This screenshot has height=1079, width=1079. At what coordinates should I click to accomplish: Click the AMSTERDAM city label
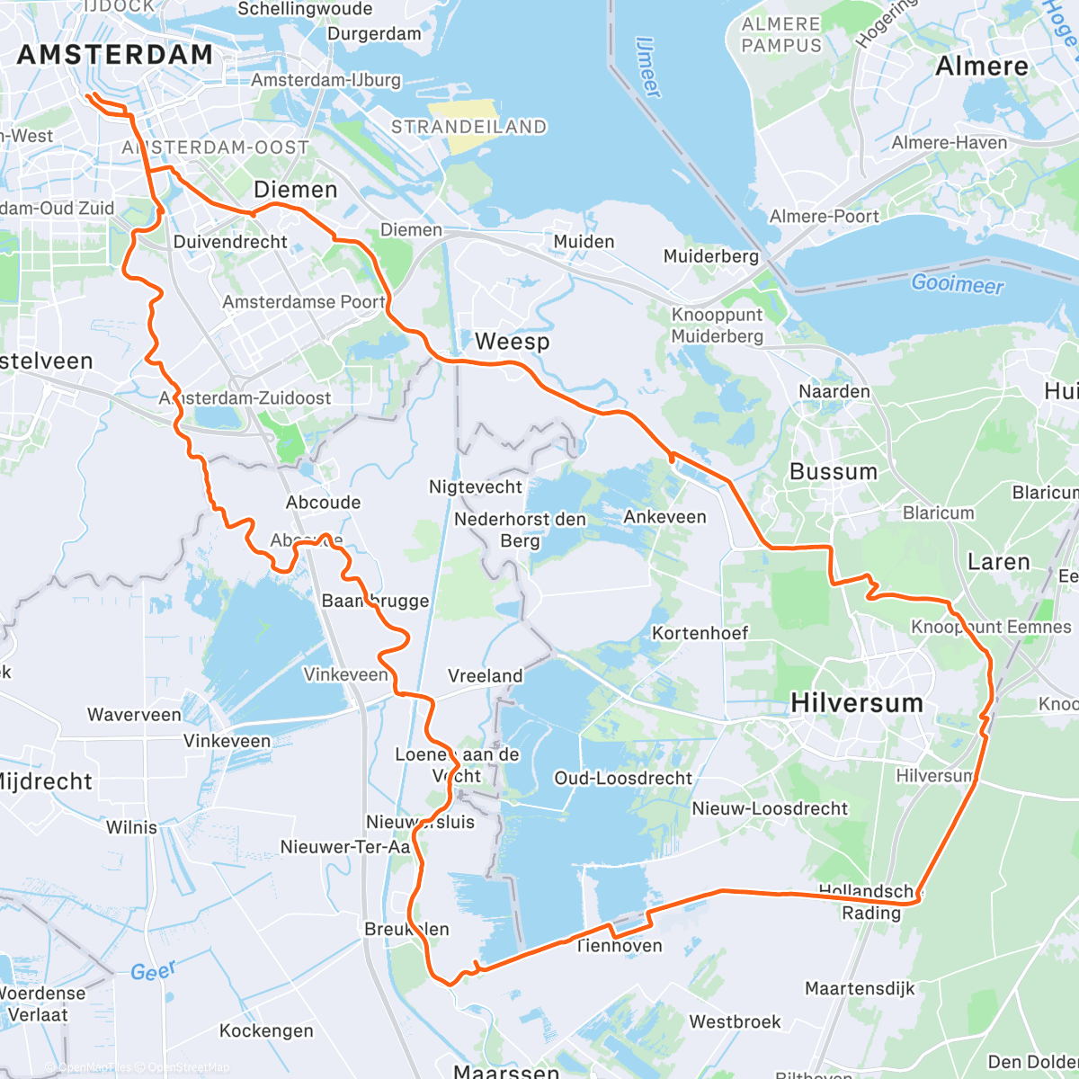(115, 55)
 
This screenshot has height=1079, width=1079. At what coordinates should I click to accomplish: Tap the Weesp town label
(512, 342)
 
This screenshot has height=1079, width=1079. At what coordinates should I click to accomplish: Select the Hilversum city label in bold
(856, 703)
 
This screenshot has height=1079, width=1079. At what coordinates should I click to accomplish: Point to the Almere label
(981, 67)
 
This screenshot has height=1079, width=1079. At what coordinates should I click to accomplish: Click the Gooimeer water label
(957, 284)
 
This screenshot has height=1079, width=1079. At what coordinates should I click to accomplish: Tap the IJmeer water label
(647, 67)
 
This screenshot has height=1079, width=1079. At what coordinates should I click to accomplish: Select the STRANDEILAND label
(468, 127)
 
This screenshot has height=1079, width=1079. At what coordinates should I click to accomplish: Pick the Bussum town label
(833, 472)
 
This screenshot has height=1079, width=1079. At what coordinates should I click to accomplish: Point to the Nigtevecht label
(475, 487)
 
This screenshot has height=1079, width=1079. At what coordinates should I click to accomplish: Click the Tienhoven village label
(619, 946)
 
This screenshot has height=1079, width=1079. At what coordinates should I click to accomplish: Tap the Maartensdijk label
(859, 989)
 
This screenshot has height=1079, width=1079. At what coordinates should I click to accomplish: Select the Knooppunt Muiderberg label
(717, 325)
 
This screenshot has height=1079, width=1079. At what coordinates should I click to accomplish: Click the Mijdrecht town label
(43, 781)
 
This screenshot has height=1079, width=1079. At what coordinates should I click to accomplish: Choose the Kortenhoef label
(700, 633)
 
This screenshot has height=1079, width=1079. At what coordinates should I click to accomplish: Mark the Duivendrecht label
(230, 242)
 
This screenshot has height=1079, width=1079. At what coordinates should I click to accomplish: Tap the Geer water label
(152, 971)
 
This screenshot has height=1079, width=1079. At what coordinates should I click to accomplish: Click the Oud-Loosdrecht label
(623, 779)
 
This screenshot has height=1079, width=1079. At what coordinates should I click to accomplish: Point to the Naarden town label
(834, 392)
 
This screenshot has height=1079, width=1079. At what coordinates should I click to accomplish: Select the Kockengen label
(266, 1031)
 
